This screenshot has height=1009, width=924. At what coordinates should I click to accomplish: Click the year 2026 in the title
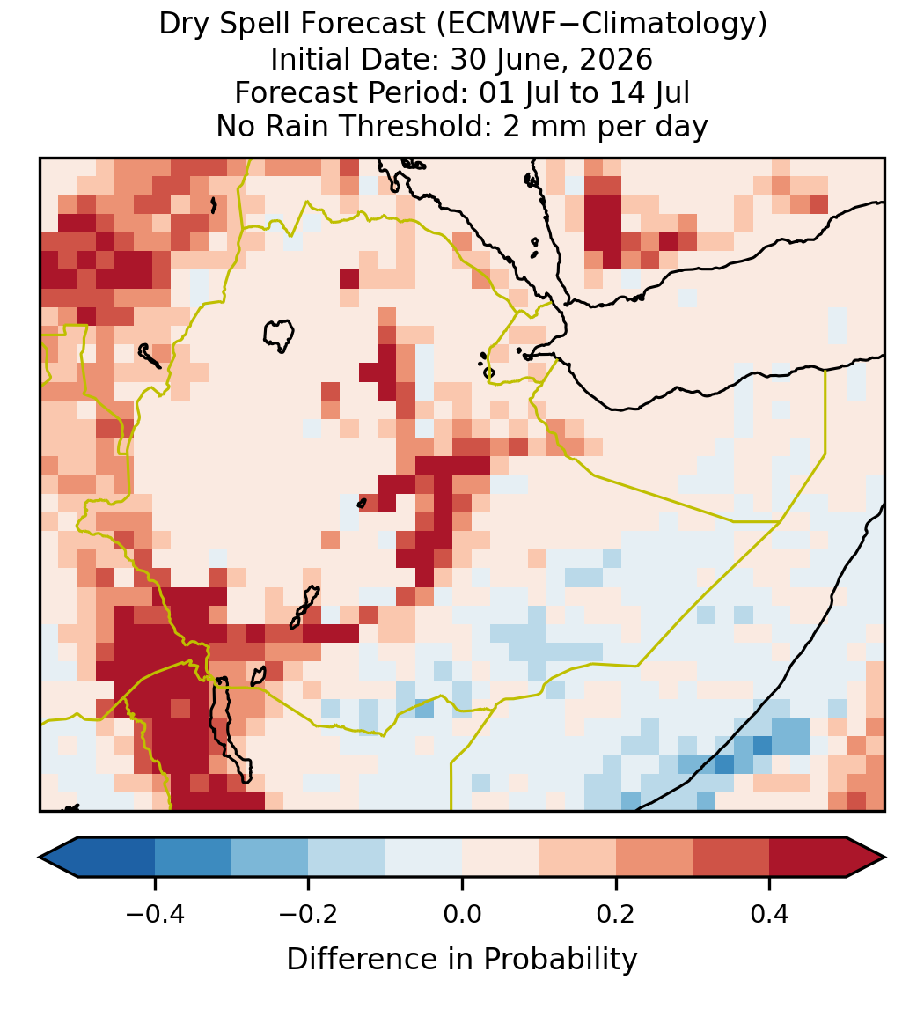point(616,59)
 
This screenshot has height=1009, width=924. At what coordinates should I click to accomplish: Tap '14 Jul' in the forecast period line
point(649,92)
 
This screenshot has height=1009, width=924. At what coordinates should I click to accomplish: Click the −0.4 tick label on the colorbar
point(155,913)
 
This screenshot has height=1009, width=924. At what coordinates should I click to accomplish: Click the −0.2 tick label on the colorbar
point(309,913)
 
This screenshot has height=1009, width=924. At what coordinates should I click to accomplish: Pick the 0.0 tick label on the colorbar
point(462,913)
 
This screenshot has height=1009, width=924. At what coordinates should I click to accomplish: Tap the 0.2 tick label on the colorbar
point(616,913)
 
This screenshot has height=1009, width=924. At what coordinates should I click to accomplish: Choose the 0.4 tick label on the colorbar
point(770,913)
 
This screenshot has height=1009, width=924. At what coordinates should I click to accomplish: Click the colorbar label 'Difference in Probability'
point(462,960)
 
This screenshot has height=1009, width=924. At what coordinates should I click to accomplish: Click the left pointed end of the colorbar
point(40,858)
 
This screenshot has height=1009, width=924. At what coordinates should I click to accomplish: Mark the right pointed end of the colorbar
point(884,858)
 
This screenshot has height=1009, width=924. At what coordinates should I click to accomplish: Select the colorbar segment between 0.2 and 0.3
point(654,858)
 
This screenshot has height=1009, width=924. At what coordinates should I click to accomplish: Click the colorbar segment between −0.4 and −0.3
point(193,858)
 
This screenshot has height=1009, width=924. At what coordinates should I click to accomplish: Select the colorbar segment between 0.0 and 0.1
point(500,858)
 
